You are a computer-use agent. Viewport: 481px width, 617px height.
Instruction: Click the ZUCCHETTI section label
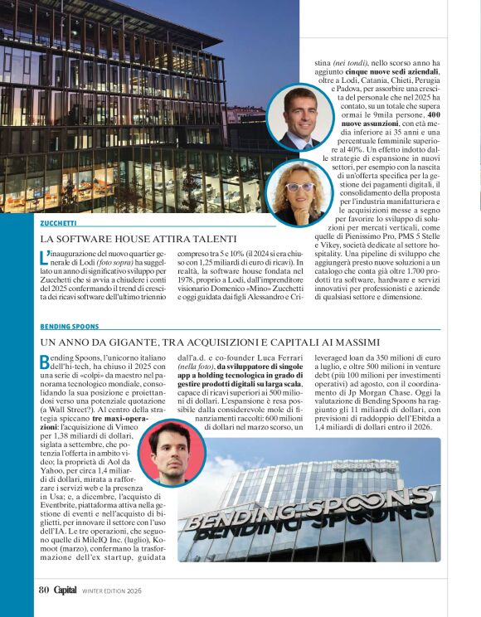click(x=59, y=223)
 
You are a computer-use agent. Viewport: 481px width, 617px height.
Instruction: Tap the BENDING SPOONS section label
click(x=70, y=327)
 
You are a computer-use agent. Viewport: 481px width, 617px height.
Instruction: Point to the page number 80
click(x=44, y=590)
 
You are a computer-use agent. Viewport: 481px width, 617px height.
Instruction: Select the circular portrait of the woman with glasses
click(x=296, y=194)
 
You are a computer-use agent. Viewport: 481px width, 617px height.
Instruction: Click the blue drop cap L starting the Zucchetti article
click(x=44, y=255)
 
